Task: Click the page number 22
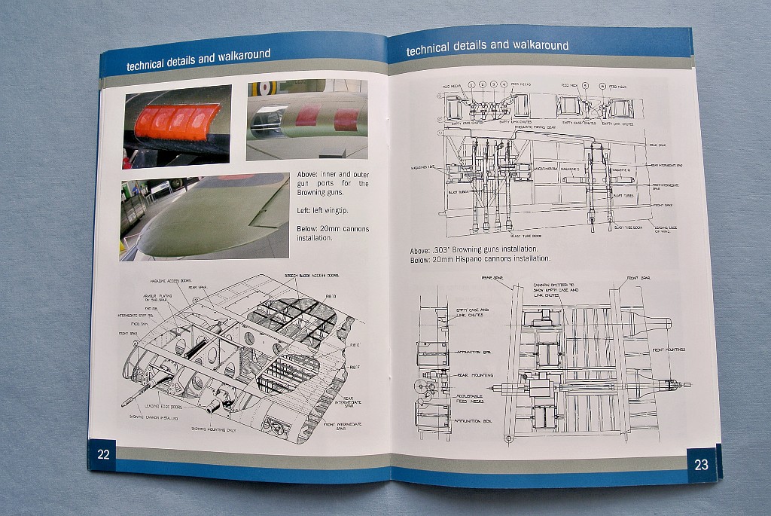104,453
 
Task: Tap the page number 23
700,465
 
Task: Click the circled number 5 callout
586,86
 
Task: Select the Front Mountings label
667,349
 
